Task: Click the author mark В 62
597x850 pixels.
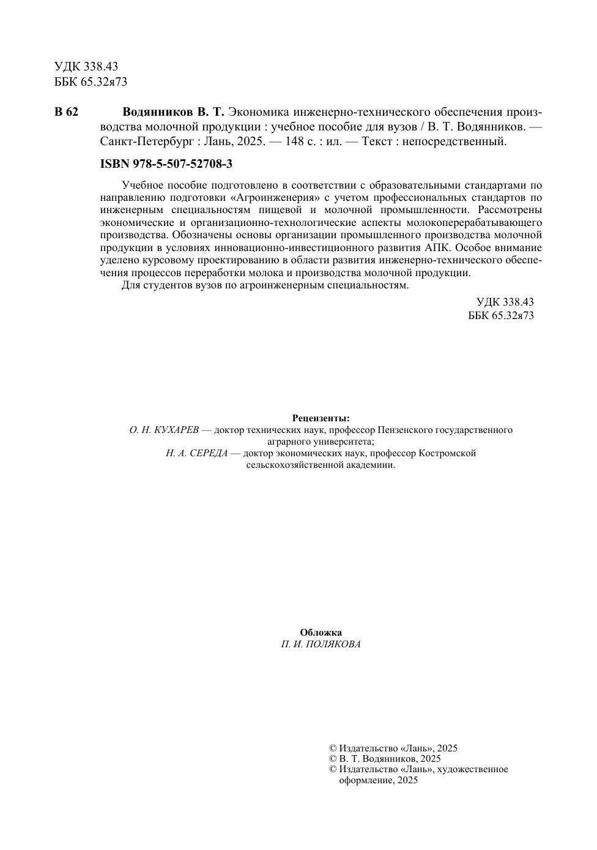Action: [x=66, y=112]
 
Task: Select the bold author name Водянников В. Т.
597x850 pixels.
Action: [x=174, y=112]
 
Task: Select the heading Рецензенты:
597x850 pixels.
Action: [x=321, y=418]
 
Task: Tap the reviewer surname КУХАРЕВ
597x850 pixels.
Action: [x=177, y=430]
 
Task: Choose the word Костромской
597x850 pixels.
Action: [x=447, y=453]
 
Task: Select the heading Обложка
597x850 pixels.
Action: [x=321, y=633]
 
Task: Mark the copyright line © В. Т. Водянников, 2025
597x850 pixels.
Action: [x=385, y=759]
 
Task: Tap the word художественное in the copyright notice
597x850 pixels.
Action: [x=474, y=769]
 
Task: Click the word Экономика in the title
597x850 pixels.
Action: [x=259, y=112]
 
